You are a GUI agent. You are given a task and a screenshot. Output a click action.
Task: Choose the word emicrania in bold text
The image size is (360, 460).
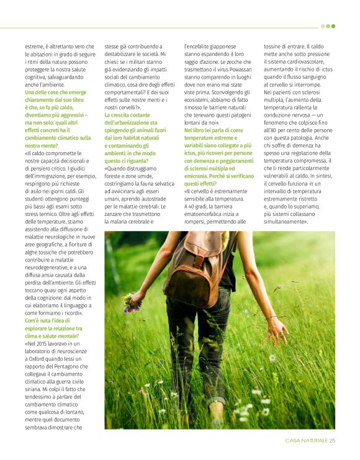coord(200,176)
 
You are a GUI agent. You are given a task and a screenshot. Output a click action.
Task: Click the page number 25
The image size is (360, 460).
coord(332,440)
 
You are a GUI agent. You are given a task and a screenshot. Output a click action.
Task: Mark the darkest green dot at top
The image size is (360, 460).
coord(333,26)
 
